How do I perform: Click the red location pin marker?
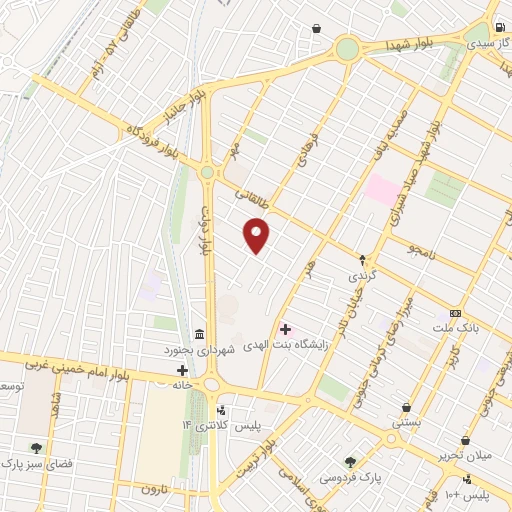tap(257, 235)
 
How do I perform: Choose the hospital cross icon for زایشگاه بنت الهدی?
tap(285, 328)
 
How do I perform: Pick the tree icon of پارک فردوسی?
tap(350, 461)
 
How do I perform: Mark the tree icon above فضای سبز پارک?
tap(37, 448)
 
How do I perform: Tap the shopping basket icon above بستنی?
tap(406, 407)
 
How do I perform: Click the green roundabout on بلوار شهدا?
tap(347, 48)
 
